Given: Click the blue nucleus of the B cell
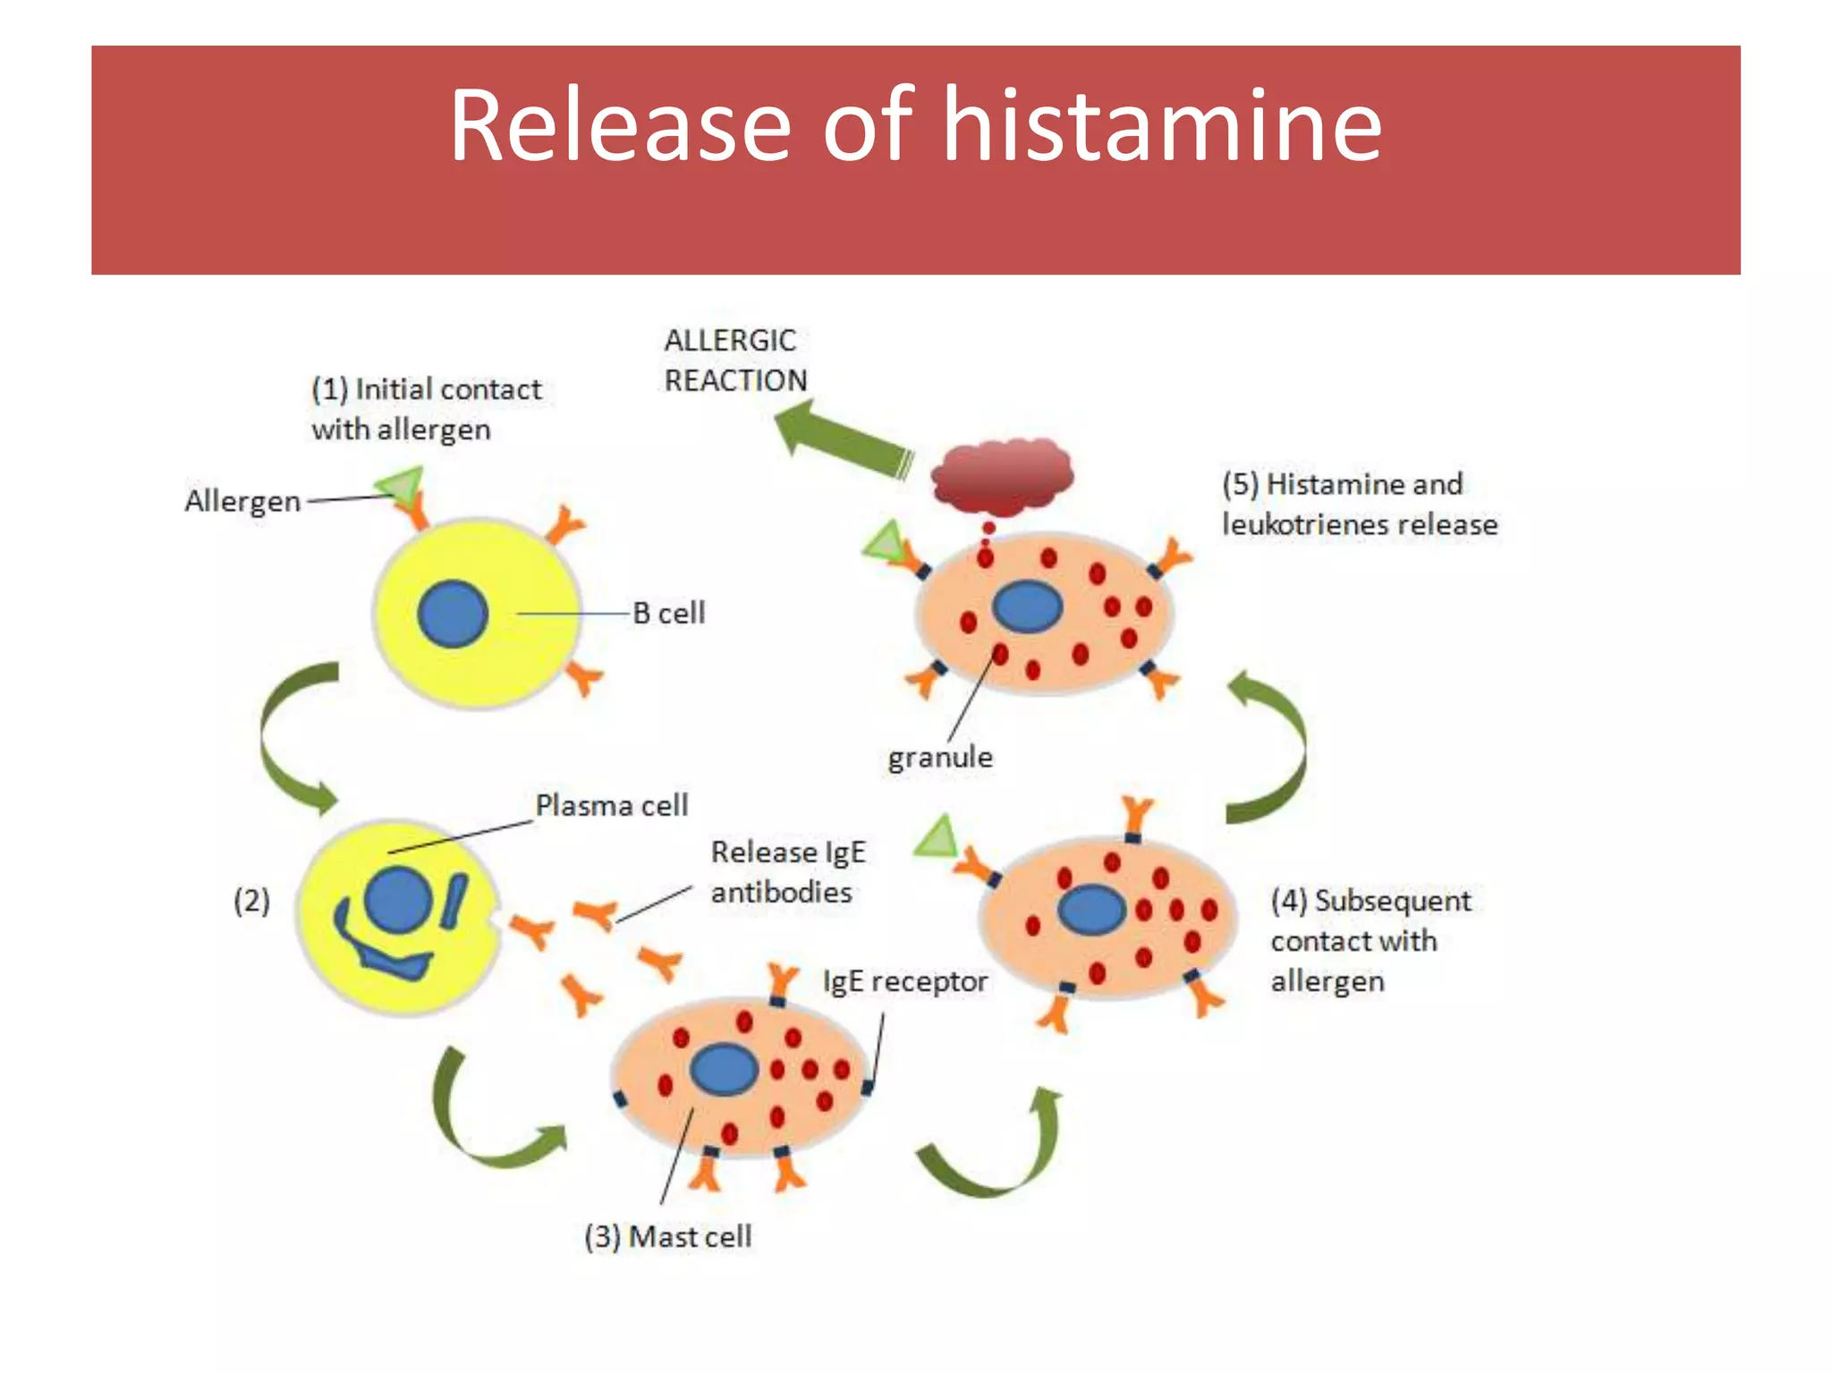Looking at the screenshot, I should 453,614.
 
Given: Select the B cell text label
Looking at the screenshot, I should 668,614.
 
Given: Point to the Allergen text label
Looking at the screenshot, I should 242,501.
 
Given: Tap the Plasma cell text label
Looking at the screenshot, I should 612,805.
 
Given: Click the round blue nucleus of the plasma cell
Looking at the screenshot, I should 399,900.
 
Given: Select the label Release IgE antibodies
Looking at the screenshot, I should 787,872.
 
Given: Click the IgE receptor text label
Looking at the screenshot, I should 904,981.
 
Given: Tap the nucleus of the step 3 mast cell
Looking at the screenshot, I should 724,1070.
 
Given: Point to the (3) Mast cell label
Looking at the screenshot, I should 667,1236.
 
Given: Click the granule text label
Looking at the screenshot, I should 940,758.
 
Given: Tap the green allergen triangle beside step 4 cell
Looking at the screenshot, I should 937,838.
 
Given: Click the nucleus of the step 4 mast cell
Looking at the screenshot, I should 1090,910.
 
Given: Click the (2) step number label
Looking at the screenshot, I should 251,900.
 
